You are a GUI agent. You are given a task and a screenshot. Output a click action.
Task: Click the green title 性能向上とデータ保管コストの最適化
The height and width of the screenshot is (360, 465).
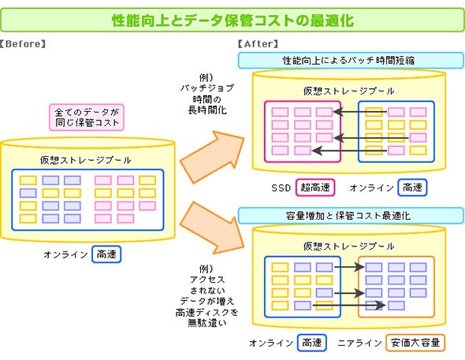[232, 20]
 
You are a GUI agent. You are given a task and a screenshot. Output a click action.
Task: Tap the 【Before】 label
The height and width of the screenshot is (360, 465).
[23, 44]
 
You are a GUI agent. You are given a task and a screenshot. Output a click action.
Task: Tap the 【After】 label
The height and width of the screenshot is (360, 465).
[259, 44]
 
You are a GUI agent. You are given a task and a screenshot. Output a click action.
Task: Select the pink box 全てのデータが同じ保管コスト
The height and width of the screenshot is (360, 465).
[87, 117]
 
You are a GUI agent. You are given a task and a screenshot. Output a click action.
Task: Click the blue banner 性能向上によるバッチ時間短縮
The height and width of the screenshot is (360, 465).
[351, 61]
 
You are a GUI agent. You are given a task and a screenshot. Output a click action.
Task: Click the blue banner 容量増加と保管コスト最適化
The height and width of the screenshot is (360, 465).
[351, 216]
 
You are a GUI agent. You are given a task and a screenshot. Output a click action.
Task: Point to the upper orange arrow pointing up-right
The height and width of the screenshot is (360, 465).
[212, 156]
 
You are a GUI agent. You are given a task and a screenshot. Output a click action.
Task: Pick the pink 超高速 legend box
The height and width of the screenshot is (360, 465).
[315, 187]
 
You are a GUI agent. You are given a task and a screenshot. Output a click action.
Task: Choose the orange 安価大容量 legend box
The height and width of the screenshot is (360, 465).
[415, 343]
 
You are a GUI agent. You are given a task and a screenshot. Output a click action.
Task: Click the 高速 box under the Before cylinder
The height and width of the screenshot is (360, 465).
[106, 254]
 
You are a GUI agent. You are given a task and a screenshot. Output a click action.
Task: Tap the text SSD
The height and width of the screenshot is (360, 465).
[281, 187]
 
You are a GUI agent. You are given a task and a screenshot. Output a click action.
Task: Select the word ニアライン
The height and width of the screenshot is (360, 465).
[359, 343]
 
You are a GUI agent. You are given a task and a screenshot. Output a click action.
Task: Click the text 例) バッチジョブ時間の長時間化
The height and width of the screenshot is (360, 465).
[207, 95]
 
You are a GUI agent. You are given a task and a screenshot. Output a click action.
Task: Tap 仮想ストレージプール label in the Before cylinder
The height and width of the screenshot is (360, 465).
[86, 160]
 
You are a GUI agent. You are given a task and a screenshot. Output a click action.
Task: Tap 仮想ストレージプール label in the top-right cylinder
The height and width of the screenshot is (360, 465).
[348, 91]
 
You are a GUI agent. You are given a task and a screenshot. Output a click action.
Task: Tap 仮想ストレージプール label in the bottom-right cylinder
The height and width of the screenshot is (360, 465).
[348, 247]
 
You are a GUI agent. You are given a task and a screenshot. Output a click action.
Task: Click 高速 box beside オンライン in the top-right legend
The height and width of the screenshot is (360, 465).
[412, 187]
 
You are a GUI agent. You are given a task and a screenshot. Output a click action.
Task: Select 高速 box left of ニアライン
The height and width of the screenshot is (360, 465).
[311, 343]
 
